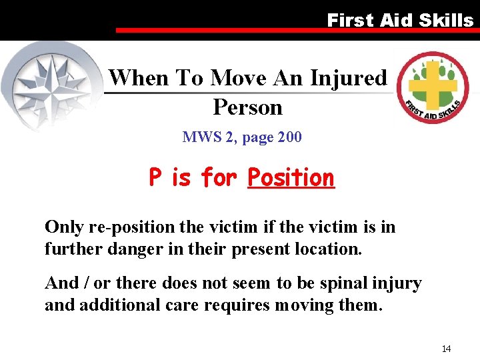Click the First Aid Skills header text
coord(400,20)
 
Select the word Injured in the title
coord(348,78)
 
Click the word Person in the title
coord(247,107)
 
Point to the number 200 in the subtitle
coord(289,137)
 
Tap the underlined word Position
coord(291,178)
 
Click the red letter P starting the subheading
coord(155,178)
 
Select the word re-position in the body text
coord(124,227)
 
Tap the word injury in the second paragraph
coord(399,283)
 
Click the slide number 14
coord(446,349)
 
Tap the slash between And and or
coord(85,283)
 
